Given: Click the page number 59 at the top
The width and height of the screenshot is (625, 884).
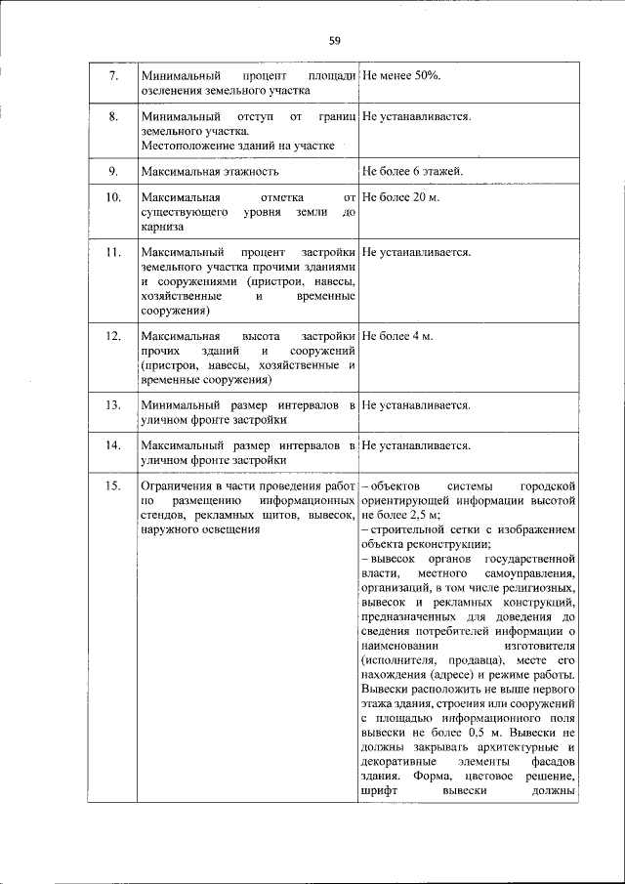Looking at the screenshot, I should click(x=335, y=40).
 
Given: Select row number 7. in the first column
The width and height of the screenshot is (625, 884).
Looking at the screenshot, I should click(x=112, y=75).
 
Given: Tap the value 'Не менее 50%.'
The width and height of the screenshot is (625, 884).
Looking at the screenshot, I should click(x=401, y=75).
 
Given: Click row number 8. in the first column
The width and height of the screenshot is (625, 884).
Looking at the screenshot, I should click(x=112, y=117).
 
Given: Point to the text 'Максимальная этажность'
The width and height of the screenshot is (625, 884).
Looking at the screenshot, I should click(x=210, y=172).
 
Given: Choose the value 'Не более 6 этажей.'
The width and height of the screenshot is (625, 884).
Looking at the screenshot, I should click(x=412, y=172).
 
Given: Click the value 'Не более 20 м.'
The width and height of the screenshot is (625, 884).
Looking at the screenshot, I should click(x=400, y=198).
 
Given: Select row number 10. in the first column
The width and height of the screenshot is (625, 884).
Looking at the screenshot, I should click(x=112, y=198).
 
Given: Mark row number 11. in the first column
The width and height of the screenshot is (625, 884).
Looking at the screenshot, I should click(x=112, y=252).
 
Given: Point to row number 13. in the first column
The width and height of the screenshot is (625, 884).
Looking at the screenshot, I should click(x=112, y=404).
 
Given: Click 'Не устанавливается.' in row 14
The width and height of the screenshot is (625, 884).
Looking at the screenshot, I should click(x=416, y=445).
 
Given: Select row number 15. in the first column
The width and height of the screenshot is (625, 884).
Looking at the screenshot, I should click(x=112, y=485).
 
